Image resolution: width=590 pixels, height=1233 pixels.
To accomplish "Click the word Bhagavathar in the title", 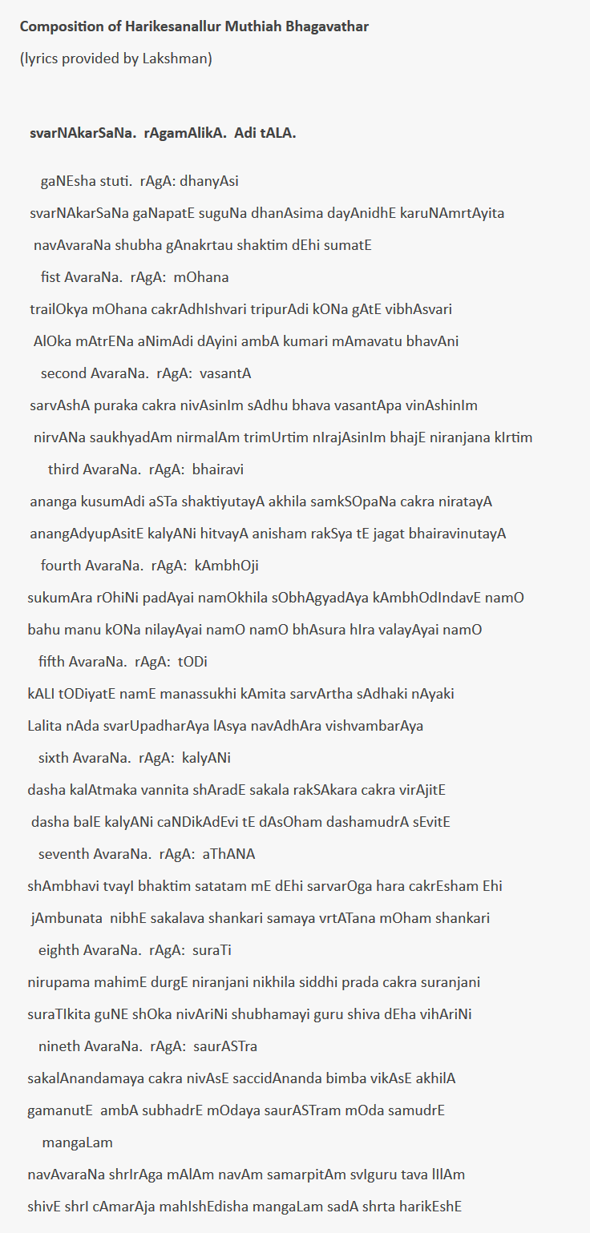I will point(328,26).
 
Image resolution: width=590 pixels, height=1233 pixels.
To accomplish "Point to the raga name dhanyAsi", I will point(209,181).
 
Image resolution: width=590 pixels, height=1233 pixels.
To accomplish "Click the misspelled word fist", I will point(51,277).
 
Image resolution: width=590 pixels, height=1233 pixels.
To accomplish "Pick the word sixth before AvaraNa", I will point(54,758).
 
